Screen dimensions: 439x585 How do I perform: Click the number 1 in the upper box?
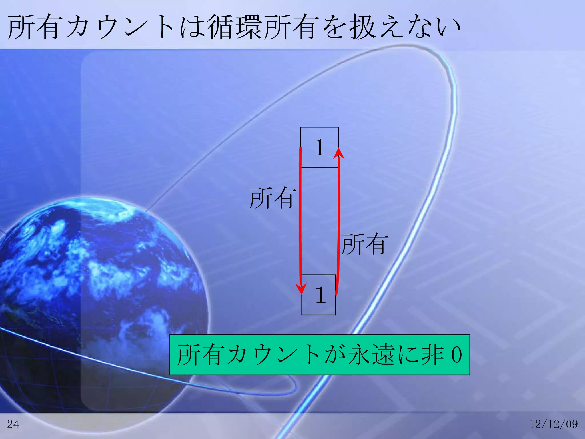click(x=320, y=147)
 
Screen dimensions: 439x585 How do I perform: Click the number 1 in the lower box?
click(x=320, y=295)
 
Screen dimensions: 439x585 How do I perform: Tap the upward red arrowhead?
click(x=339, y=153)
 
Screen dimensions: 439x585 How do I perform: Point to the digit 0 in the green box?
click(x=456, y=355)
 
